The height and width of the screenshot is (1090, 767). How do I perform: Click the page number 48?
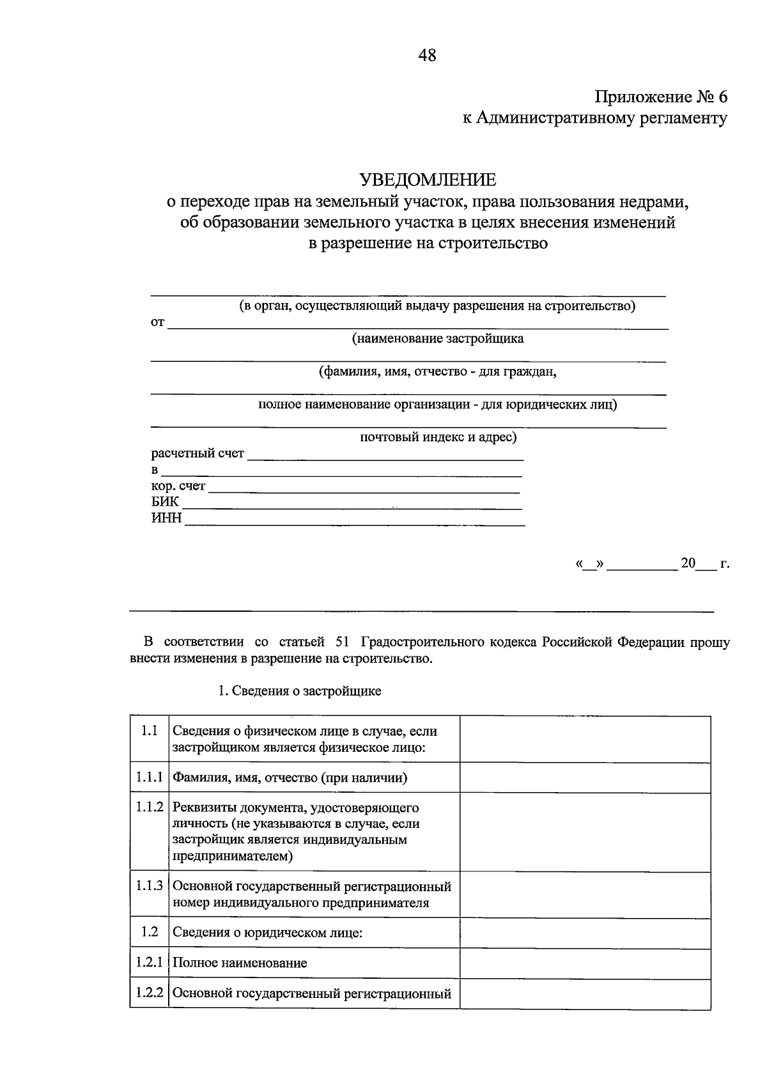click(x=427, y=56)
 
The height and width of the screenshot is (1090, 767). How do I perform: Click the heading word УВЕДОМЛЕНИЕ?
click(x=427, y=180)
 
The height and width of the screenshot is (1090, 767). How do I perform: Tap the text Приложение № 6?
click(x=661, y=97)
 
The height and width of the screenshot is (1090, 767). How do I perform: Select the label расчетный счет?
click(x=198, y=453)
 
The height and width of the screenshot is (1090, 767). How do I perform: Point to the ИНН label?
click(x=166, y=517)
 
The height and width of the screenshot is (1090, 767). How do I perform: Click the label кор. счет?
click(x=178, y=486)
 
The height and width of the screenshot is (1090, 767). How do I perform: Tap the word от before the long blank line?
click(x=157, y=322)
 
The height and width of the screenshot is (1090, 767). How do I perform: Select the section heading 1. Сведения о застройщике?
click(x=299, y=691)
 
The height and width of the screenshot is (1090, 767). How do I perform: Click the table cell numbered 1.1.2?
click(x=149, y=807)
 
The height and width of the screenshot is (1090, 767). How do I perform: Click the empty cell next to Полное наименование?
click(x=585, y=963)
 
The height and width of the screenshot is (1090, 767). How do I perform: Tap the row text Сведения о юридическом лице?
click(x=267, y=933)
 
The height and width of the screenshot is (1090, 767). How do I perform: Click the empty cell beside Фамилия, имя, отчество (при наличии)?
click(x=585, y=777)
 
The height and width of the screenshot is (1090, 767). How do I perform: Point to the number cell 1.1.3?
click(x=149, y=886)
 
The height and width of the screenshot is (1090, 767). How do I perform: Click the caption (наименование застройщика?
click(x=438, y=339)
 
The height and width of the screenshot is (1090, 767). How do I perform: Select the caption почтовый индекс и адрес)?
click(x=438, y=437)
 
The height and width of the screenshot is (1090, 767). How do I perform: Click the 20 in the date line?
click(x=687, y=563)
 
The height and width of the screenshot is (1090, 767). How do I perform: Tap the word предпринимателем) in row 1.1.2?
click(x=232, y=856)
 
